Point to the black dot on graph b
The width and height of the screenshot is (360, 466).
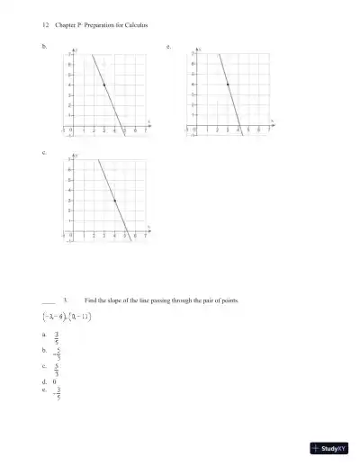104,85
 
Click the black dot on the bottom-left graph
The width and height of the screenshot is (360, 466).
114,201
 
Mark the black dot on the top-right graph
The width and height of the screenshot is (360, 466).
228,84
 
